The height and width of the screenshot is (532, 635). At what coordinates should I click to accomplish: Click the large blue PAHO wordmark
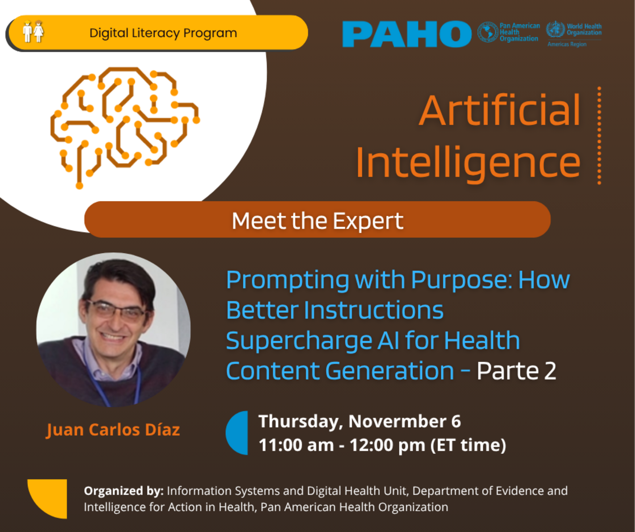click(406, 34)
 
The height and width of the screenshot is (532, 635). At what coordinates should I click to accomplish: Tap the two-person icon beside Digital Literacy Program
click(33, 31)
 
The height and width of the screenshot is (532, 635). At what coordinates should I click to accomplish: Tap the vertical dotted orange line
click(599, 135)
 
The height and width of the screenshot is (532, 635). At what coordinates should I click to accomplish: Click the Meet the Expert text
click(317, 220)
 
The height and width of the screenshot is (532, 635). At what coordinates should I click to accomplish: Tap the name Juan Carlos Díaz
click(113, 430)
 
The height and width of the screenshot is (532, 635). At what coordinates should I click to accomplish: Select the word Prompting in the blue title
click(288, 280)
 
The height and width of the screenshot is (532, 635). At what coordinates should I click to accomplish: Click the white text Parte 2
click(516, 371)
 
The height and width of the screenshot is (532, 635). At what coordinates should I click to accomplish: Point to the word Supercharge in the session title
click(299, 341)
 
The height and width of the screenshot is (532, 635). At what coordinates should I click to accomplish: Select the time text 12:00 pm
click(387, 445)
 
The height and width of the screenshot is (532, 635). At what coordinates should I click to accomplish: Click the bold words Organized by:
click(124, 491)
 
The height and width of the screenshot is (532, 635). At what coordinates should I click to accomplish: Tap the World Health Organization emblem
click(555, 29)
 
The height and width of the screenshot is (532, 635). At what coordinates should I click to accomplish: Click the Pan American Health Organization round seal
click(488, 32)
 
